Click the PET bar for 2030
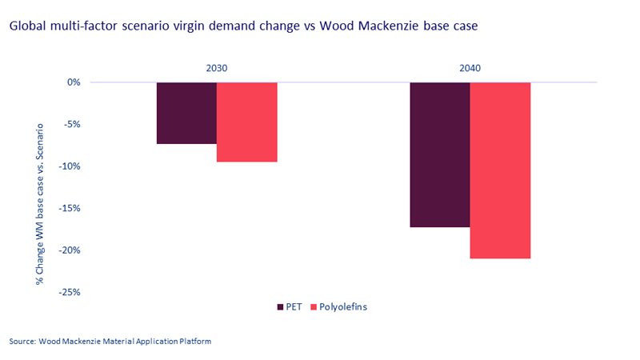pyautogui.click(x=186, y=113)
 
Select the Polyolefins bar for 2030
pyautogui.click(x=246, y=122)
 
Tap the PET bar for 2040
pyautogui.click(x=439, y=154)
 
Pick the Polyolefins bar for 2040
pyautogui.click(x=500, y=170)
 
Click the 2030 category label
pyautogui.click(x=217, y=69)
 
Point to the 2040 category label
pyautogui.click(x=470, y=69)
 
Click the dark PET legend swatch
pyautogui.click(x=279, y=306)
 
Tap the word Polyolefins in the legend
pyautogui.click(x=343, y=306)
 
